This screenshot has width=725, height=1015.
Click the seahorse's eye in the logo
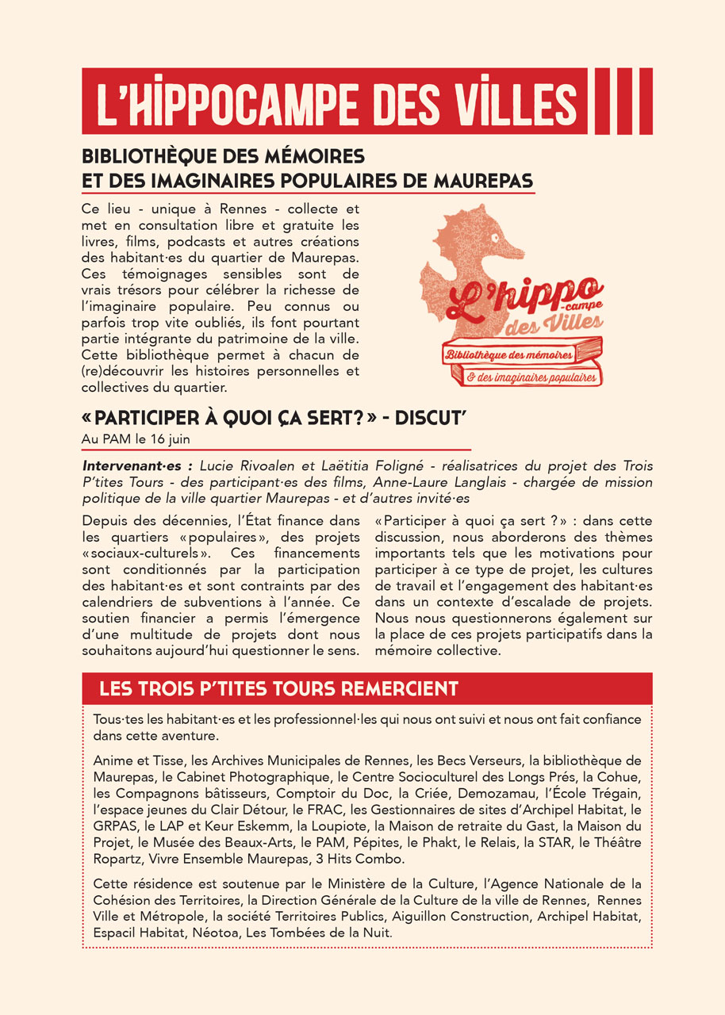[x=494, y=236]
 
